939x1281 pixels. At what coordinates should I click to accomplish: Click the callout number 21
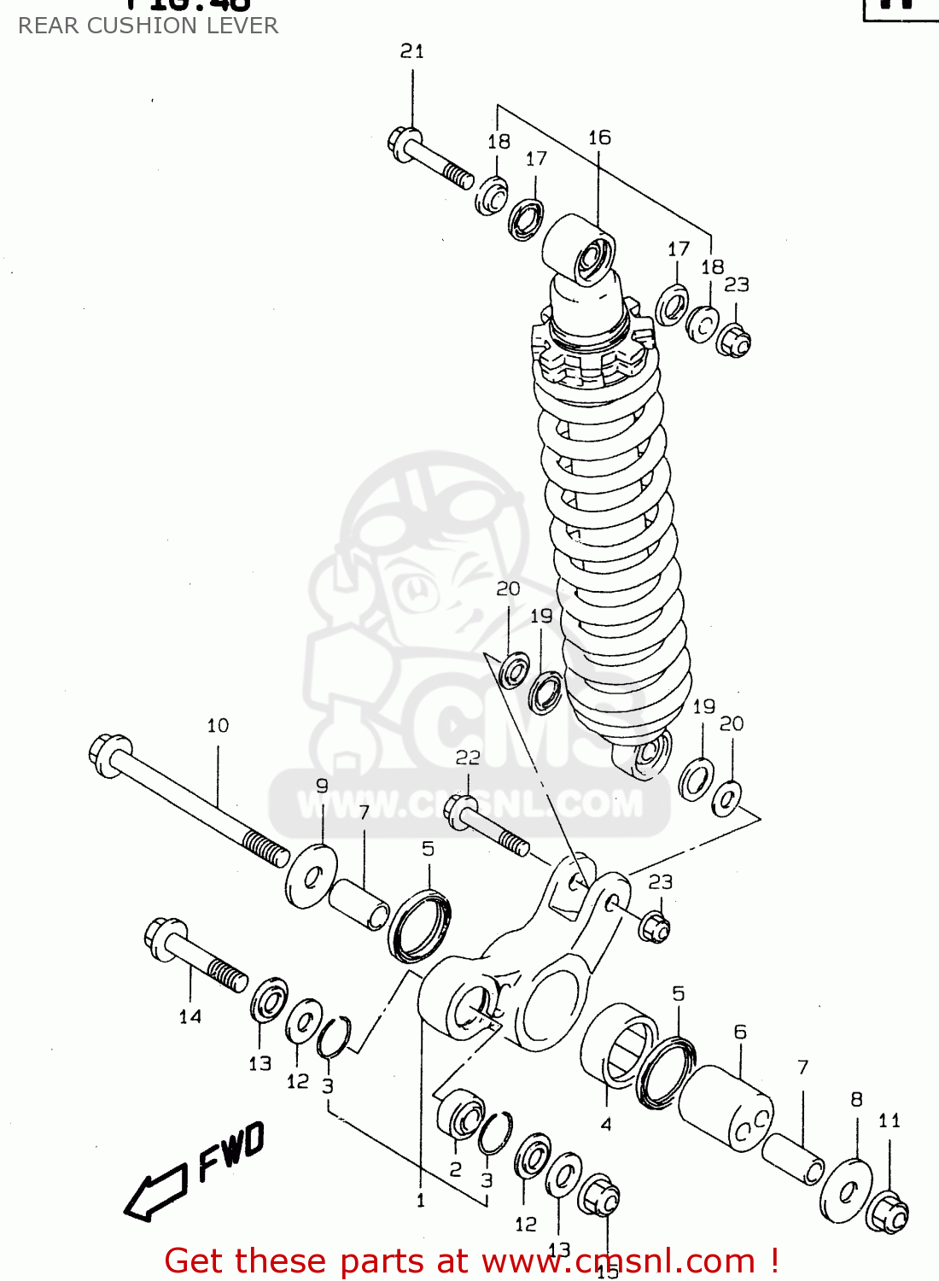(x=412, y=51)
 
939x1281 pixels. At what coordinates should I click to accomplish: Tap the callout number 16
(x=599, y=137)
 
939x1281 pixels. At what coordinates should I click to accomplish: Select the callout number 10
(x=218, y=726)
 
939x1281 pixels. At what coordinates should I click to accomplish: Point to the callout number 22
(x=468, y=757)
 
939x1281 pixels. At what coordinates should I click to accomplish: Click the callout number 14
(x=190, y=1016)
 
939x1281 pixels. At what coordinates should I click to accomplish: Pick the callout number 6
(x=740, y=1032)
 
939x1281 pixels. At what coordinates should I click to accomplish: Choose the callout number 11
(x=889, y=1120)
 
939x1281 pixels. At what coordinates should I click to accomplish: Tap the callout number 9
(x=322, y=786)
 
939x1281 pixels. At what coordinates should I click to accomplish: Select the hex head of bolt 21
(x=404, y=141)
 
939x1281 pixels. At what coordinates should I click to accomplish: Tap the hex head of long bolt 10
(x=108, y=755)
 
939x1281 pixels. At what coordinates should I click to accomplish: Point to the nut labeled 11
(x=887, y=1212)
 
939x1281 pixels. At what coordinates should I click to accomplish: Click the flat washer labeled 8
(x=847, y=1190)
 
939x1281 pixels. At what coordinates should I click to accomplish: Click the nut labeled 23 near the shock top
(x=732, y=341)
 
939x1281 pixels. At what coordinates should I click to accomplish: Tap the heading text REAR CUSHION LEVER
(x=148, y=26)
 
